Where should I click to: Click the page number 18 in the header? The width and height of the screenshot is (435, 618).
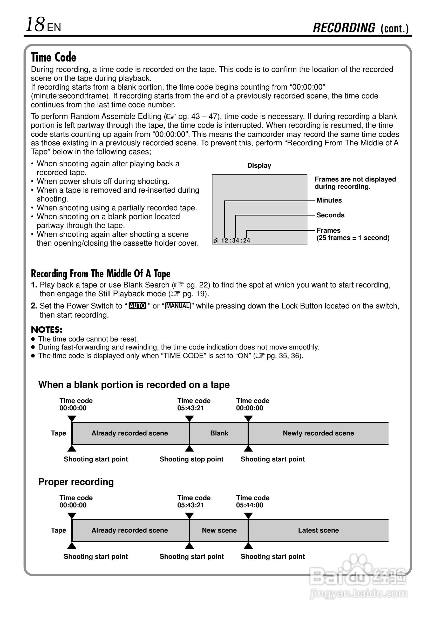coord(35,25)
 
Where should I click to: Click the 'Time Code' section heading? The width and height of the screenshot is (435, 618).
coord(53,57)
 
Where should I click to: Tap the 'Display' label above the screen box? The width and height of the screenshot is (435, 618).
coord(259,166)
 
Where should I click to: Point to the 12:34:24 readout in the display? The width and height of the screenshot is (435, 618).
coord(235,240)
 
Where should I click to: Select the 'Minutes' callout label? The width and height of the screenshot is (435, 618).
coord(329,200)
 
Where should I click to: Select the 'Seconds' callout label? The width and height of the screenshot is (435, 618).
coord(330,215)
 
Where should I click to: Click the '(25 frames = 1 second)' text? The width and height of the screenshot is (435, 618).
coord(353,238)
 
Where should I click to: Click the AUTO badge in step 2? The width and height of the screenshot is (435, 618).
coord(138,306)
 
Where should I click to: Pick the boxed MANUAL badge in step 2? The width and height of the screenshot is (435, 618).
coord(178,306)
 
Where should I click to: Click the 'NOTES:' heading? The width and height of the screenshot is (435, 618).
coord(46,330)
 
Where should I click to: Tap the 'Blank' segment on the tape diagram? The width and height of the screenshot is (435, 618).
coord(219,433)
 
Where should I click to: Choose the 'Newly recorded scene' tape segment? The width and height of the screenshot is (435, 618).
coord(318,433)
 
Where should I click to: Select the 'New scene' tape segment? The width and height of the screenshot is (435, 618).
coord(219,530)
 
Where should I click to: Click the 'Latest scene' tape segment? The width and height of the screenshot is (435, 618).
coord(318,530)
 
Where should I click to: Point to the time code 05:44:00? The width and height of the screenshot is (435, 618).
coord(249,505)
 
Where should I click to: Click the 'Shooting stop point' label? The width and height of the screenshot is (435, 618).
coord(191,459)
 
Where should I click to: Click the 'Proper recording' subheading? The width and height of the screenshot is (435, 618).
coord(76,482)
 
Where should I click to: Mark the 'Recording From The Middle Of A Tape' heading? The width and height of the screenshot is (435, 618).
coord(101,273)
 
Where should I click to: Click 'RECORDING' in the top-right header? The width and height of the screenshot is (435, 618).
coord(344,28)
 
